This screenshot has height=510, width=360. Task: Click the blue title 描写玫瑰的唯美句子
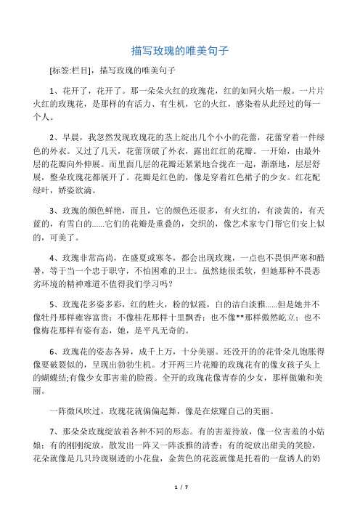(x=180, y=51)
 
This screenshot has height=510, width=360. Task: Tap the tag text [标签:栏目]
(x=70, y=71)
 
